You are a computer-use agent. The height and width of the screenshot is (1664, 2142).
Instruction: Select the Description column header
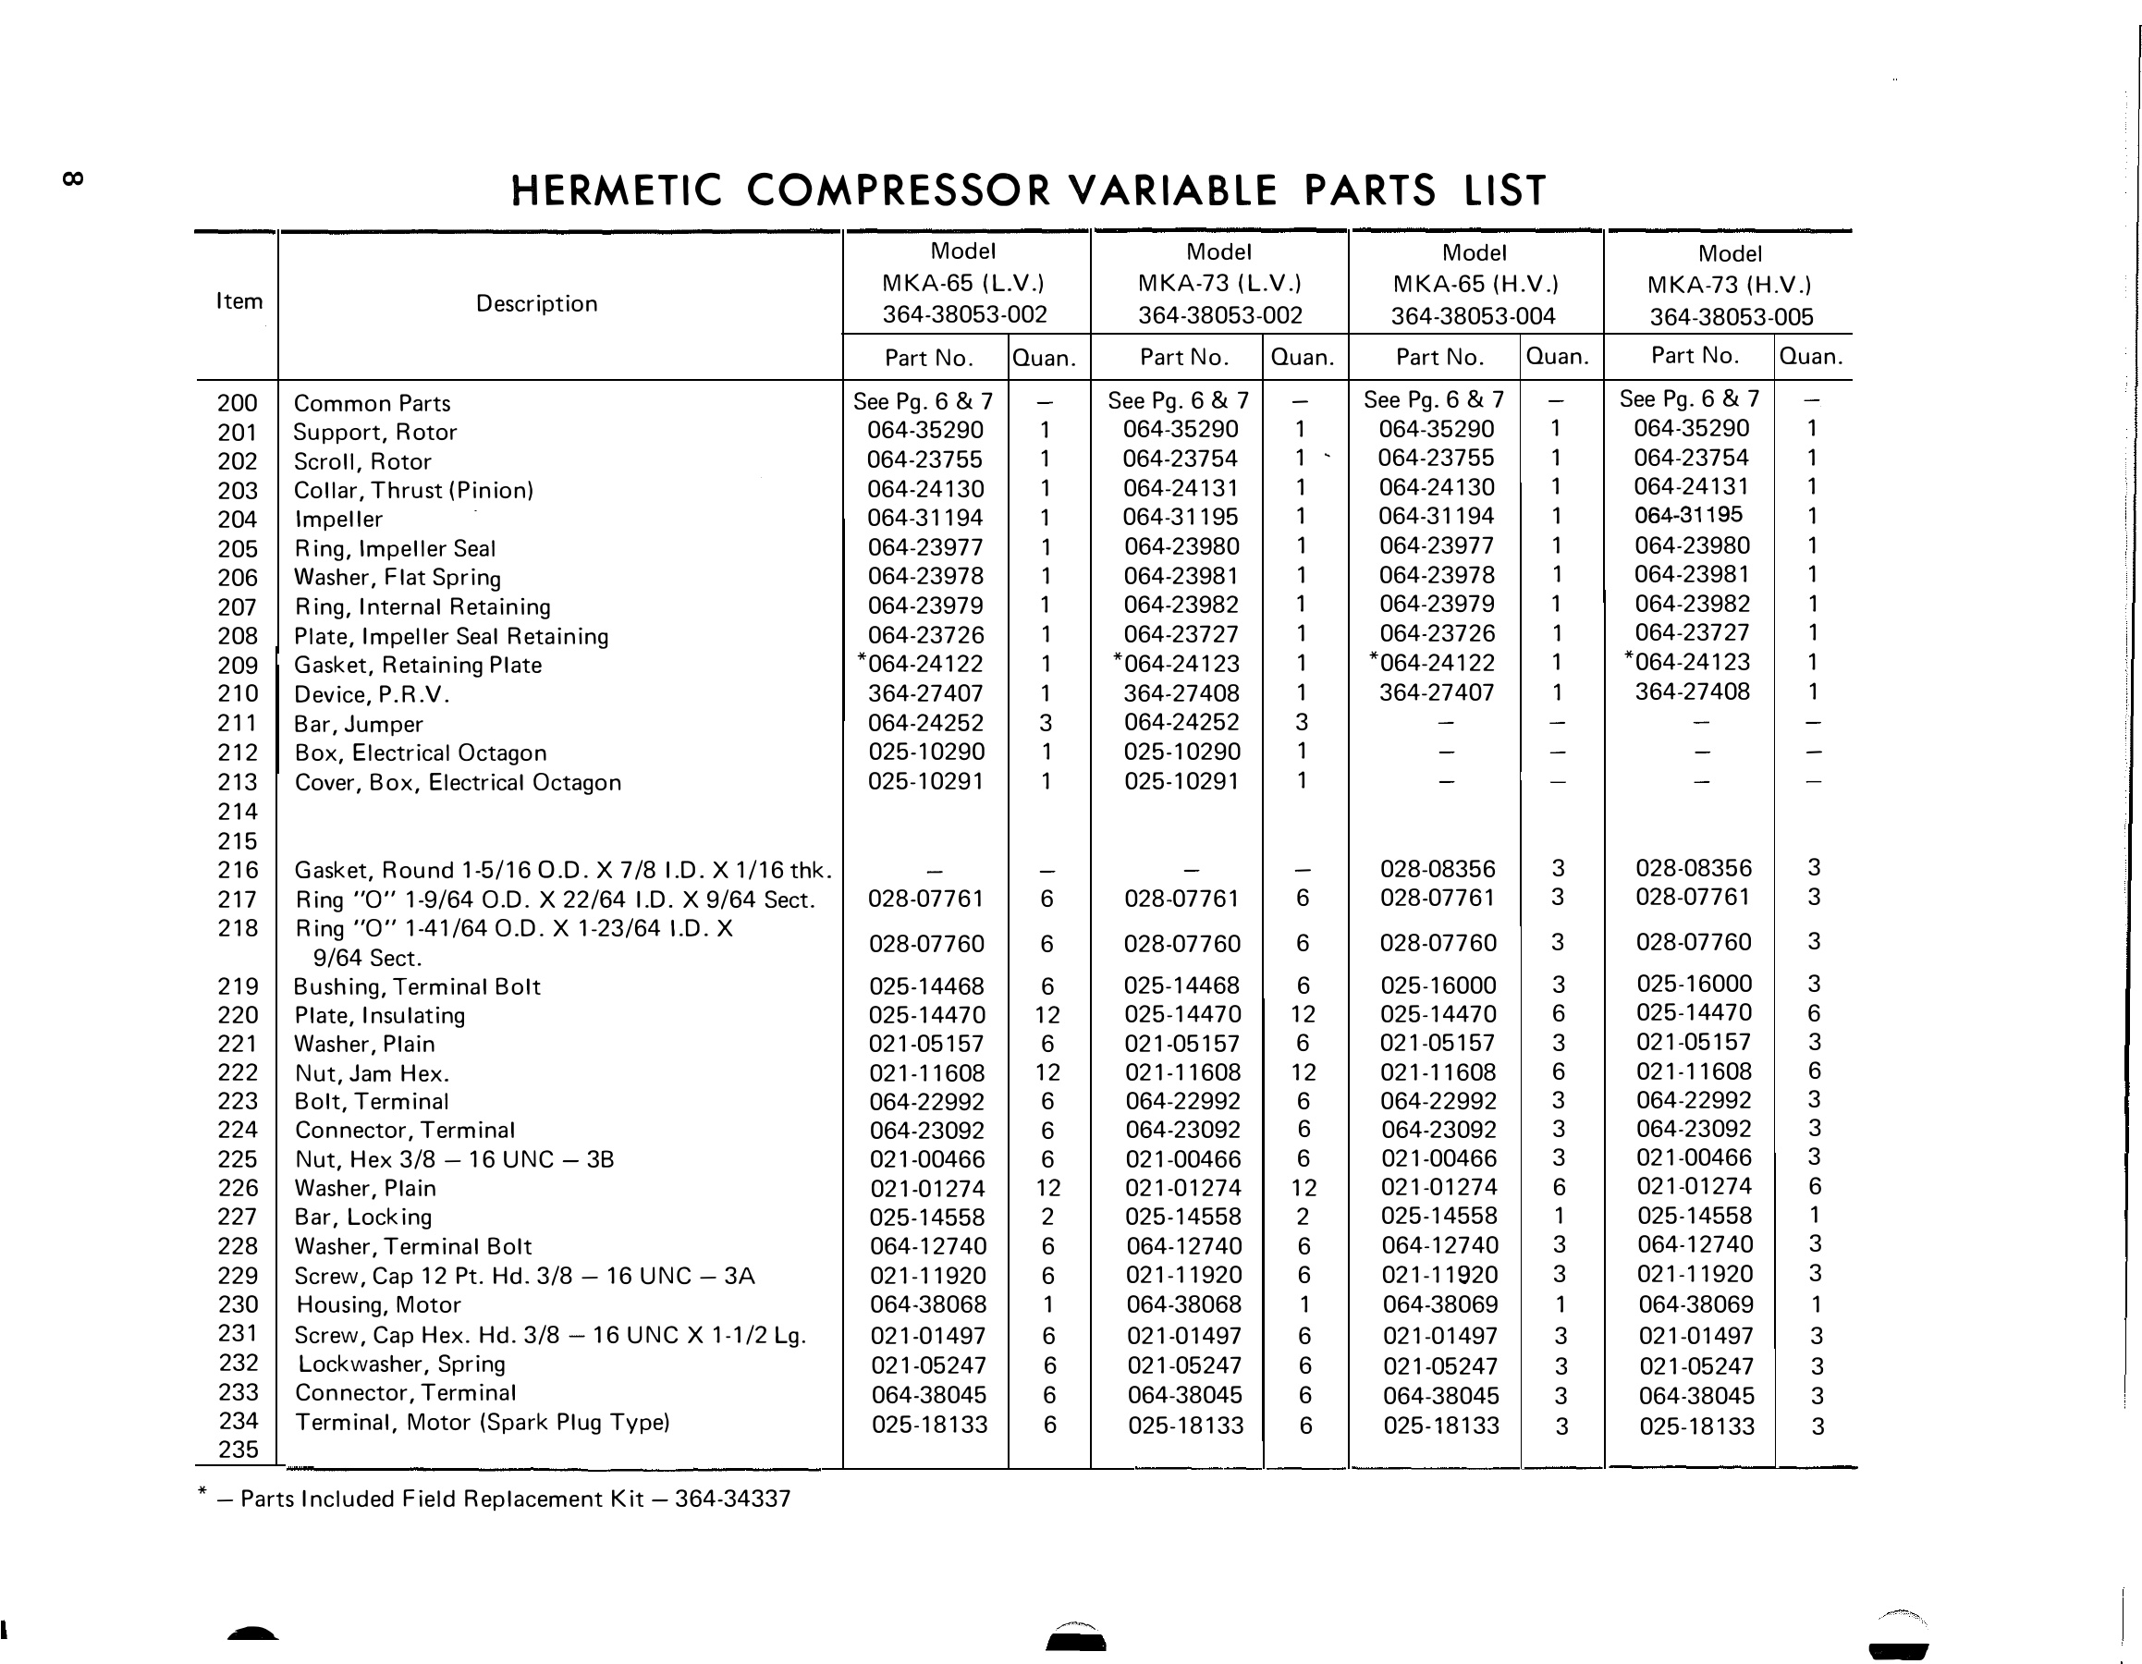click(x=536, y=304)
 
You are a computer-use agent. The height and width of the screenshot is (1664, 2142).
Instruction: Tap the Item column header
click(x=239, y=301)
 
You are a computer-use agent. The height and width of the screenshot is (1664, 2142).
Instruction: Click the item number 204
click(x=238, y=520)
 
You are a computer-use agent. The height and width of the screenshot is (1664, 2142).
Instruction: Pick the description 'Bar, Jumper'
click(x=358, y=725)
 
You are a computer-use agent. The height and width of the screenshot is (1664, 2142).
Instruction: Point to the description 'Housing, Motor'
click(x=379, y=1305)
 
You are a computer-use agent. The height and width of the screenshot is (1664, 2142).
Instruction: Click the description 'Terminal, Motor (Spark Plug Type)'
click(x=483, y=1422)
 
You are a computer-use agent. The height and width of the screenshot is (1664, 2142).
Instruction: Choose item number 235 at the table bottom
click(x=239, y=1450)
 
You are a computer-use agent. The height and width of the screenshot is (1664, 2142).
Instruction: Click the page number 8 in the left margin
click(x=73, y=178)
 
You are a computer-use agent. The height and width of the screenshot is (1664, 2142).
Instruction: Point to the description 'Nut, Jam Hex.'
click(x=372, y=1073)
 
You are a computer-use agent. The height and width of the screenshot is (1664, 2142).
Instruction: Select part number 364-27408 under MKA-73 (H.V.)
click(x=1692, y=691)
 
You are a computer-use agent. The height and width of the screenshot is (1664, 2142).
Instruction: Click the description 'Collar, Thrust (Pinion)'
click(x=413, y=490)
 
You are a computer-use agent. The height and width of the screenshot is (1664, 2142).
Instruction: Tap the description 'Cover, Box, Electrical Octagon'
click(x=458, y=782)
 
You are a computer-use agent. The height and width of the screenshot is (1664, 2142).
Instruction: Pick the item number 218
click(x=238, y=927)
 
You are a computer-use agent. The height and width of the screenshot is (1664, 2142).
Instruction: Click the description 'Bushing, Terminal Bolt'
click(x=417, y=986)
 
